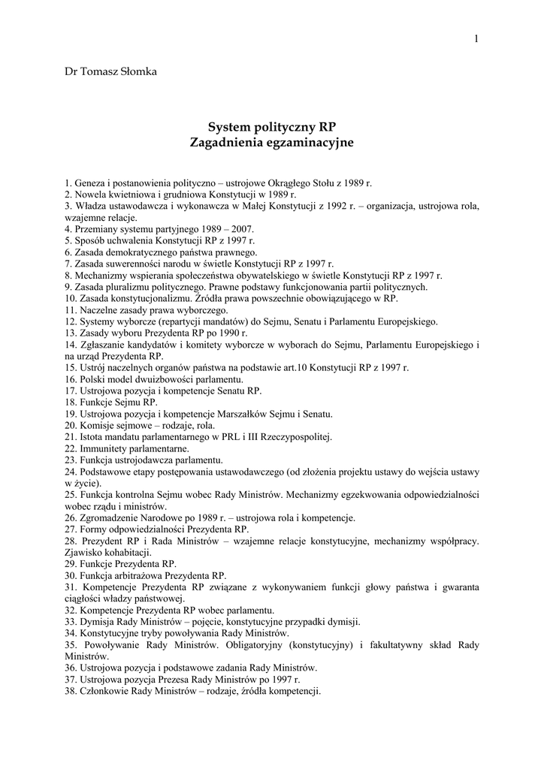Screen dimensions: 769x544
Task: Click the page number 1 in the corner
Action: pos(476,39)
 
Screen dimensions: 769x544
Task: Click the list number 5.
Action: pos(68,241)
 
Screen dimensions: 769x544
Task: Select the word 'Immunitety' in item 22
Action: pos(106,448)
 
